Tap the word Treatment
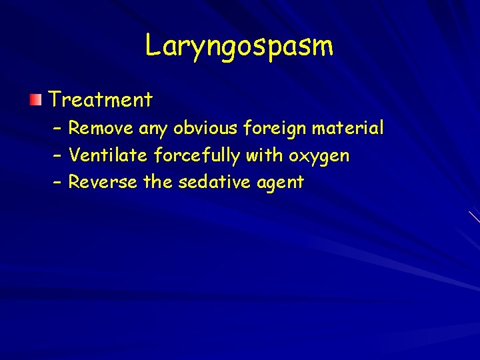(x=101, y=100)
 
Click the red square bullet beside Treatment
(x=35, y=100)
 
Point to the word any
(x=153, y=129)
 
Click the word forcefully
(x=197, y=155)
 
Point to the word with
(x=265, y=155)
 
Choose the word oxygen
(x=319, y=157)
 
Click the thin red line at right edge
(x=474, y=217)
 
